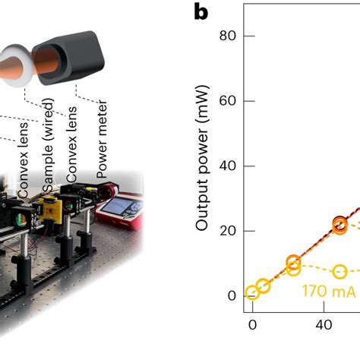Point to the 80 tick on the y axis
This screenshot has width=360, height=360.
point(228,36)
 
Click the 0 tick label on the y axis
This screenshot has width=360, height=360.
point(232,296)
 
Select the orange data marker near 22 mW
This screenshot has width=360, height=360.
point(340,224)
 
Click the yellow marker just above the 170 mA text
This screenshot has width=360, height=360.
point(339,272)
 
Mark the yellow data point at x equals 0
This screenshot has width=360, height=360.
point(252,293)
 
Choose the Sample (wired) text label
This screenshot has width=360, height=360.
point(49,159)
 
